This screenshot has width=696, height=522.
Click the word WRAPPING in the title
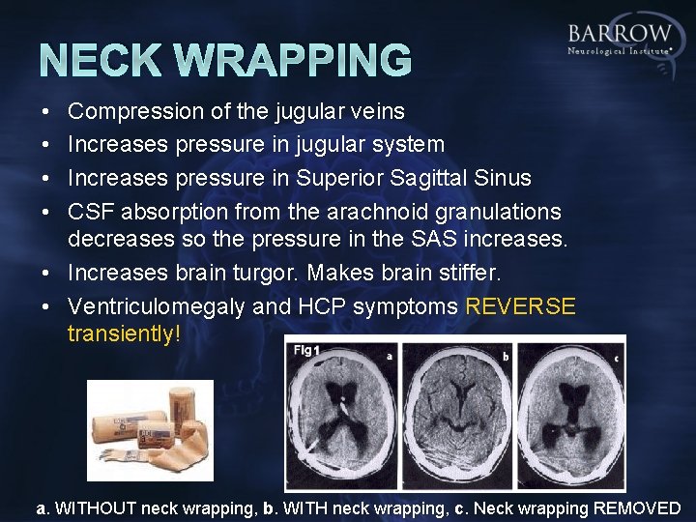[x=298, y=59]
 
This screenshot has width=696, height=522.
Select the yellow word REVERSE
[x=521, y=307]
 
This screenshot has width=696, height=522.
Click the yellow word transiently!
[x=125, y=334]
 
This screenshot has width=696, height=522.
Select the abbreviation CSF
[x=90, y=211]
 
